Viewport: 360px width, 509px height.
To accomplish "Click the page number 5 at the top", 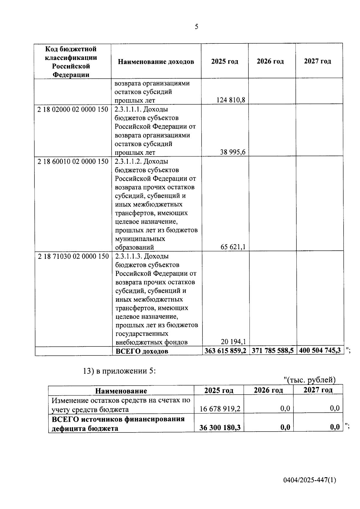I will point(196,27).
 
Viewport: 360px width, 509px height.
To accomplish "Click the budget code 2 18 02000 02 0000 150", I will point(73,109).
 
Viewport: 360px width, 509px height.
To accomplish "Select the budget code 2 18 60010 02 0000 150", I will point(73,162).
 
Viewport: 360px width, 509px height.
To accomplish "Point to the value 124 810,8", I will point(231,100).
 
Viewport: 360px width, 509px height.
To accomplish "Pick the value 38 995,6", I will point(233,152).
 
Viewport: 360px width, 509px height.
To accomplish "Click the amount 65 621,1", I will point(233,247).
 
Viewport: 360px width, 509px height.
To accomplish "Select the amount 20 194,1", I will point(233,342).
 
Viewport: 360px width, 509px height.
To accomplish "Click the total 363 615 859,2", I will point(225,351).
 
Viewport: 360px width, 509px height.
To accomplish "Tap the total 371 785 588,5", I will point(273,351).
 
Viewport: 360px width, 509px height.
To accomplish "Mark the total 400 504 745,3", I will point(320,351).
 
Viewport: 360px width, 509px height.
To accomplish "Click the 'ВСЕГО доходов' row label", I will point(142,351).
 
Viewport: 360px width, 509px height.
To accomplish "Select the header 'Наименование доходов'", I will point(156,62).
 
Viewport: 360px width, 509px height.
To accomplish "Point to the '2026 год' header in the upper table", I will point(270,61).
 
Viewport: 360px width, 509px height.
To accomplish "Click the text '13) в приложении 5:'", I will point(119,371).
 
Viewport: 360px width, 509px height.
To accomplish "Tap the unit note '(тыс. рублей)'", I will point(310,380).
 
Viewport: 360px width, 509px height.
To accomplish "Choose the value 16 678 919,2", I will point(220,409).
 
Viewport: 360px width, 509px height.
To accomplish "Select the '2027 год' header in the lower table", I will point(318,390).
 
